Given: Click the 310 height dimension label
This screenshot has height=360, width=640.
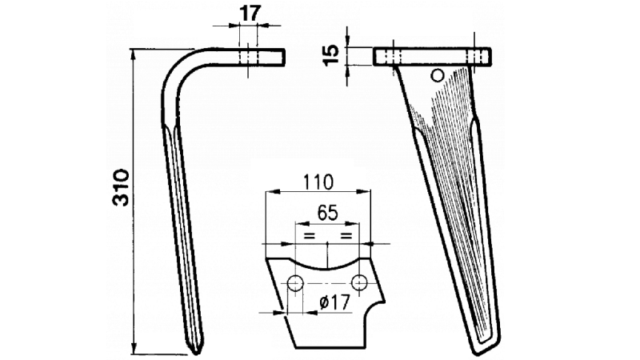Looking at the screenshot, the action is pyautogui.click(x=122, y=187).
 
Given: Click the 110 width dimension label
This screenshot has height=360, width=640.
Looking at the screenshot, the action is pyautogui.click(x=318, y=182).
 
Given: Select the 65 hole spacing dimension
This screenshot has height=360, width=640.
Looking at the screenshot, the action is pyautogui.click(x=327, y=213).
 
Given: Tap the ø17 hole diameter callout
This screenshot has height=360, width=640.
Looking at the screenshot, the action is pyautogui.click(x=335, y=303).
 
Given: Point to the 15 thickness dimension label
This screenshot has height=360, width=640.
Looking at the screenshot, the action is pyautogui.click(x=331, y=55).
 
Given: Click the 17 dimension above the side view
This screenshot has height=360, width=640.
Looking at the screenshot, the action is pyautogui.click(x=249, y=14).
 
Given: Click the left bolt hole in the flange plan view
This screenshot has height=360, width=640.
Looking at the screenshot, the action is pyautogui.click(x=294, y=282).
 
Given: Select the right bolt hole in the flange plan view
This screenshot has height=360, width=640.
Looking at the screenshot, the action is pyautogui.click(x=359, y=282).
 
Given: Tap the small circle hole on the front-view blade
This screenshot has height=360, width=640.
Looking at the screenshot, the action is pyautogui.click(x=438, y=75).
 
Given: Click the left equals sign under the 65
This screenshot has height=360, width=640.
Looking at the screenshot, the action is pyautogui.click(x=310, y=236).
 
